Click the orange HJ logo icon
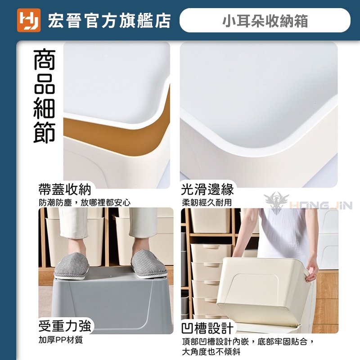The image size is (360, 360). pos(29,20)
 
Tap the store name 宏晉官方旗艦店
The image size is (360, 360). pos(109,21)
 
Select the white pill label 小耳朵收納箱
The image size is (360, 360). pos(265,20)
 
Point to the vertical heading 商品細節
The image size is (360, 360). pos(44,96)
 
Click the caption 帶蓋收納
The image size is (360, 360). pos(65,189)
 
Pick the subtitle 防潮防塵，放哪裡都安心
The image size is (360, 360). pos(85,202)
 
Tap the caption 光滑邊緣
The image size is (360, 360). pos(207,189)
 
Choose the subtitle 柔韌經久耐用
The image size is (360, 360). pos(207,202)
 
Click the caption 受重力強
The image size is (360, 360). pos(65,326)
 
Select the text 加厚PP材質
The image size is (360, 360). pos(61,340)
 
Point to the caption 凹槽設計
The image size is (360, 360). pos(207,328)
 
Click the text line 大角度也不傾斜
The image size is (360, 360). pos(211,351)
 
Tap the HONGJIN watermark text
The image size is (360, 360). pos(321,205)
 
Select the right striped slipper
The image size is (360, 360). pos(149,264)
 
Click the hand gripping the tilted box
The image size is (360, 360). pos(312,271)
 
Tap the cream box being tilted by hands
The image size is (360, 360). pos(262,291)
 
